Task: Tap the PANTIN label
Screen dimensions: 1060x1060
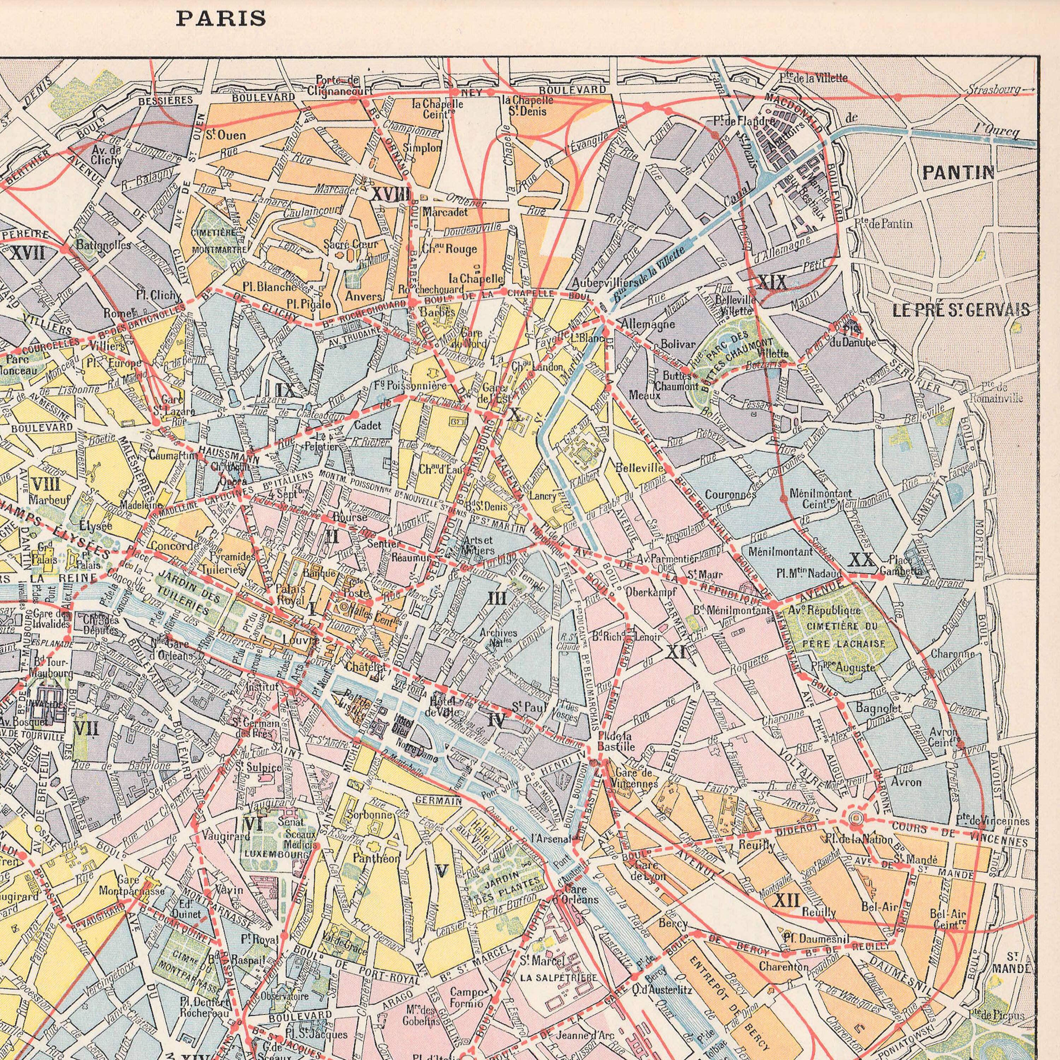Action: coord(958,173)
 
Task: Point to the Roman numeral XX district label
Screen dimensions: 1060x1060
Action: coord(862,560)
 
